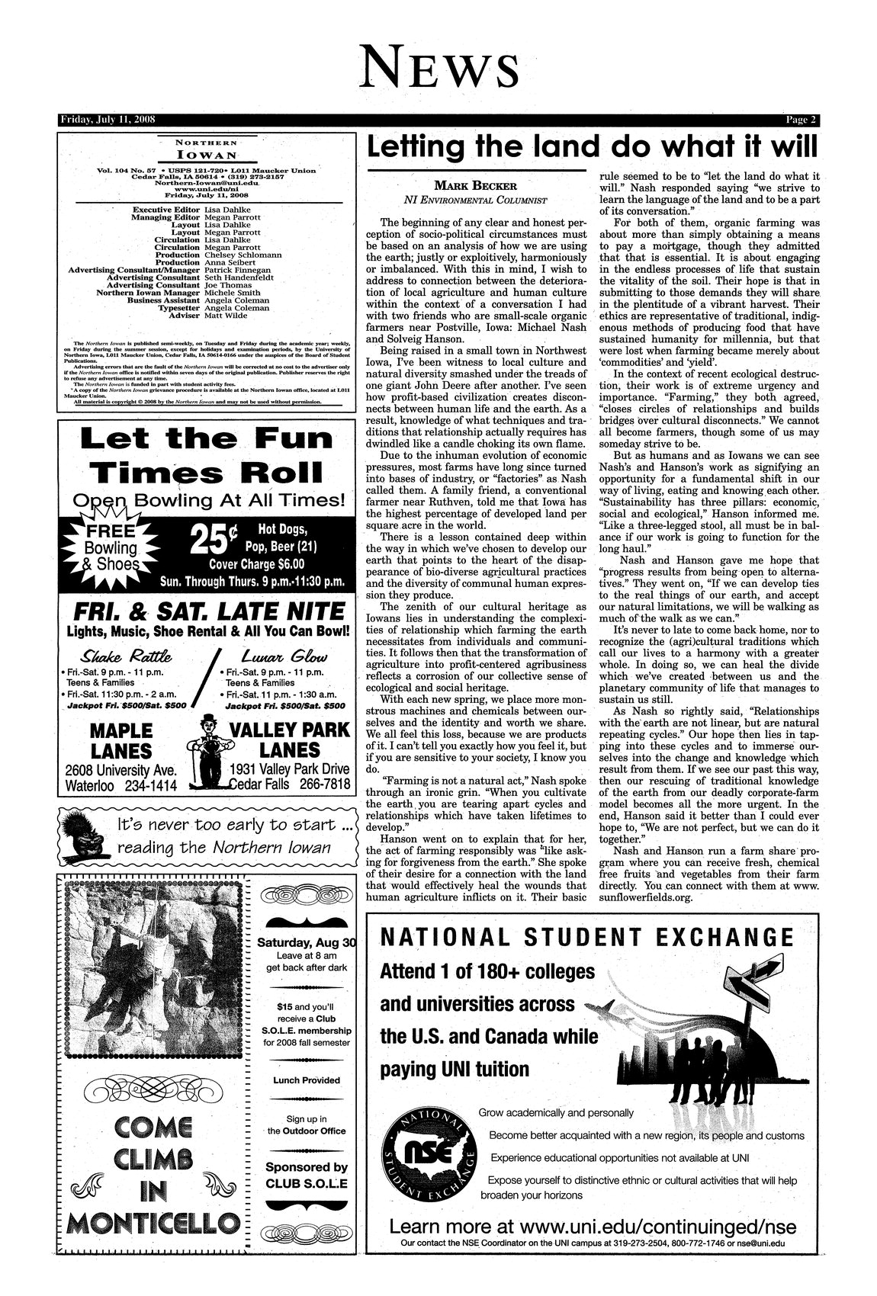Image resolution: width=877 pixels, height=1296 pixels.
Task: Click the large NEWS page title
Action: (439, 66)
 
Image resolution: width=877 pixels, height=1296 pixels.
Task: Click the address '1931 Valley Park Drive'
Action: (290, 768)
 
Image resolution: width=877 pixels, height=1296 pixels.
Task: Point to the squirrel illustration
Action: (81, 836)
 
